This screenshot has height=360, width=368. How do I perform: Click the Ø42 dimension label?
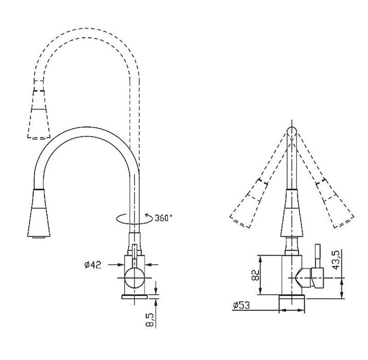coord(93,265)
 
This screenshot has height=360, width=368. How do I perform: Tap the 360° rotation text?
coord(163,218)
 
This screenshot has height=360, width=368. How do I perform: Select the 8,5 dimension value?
coord(150,320)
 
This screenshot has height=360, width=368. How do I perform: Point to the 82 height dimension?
coord(255,275)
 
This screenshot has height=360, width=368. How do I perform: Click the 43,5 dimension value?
coord(336,260)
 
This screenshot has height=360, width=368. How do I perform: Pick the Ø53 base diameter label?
coord(241,305)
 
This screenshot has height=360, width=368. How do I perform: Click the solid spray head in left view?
coord(39,213)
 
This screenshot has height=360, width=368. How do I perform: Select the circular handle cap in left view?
coord(134,278)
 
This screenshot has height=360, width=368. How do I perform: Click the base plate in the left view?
coord(134,297)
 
